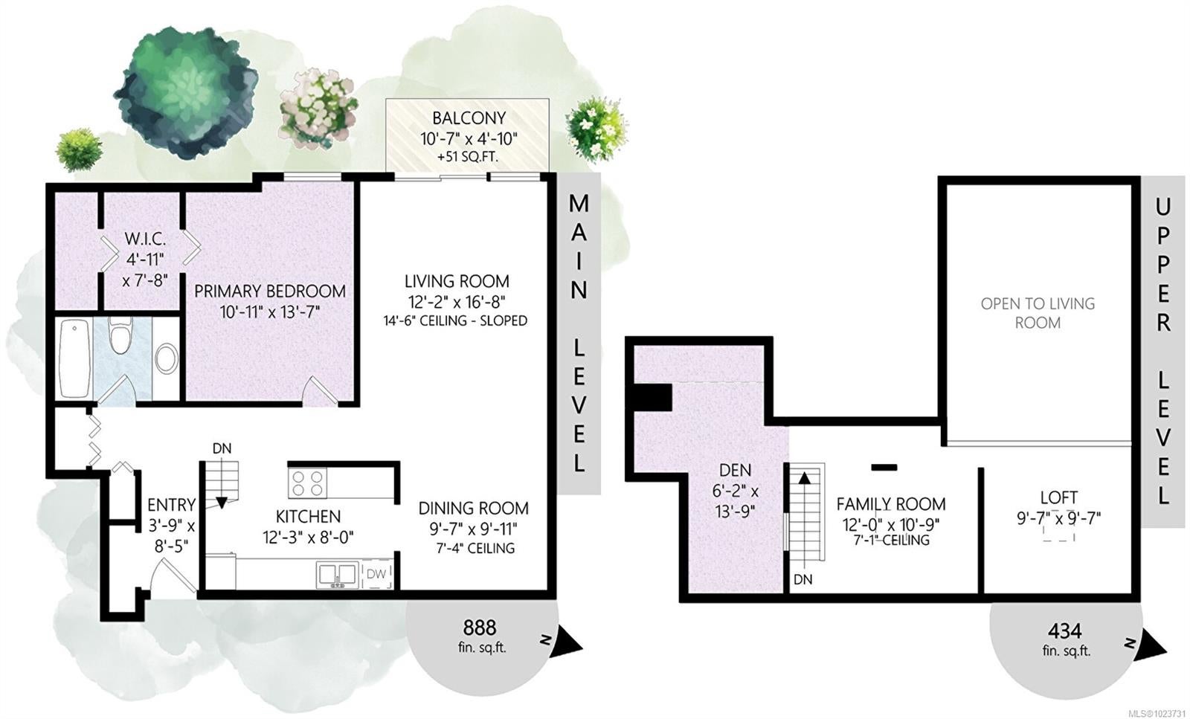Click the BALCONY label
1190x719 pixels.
tap(469, 118)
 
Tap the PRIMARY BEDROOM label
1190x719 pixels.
tap(270, 291)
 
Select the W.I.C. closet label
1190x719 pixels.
tap(145, 239)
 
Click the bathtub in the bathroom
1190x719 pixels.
tap(74, 358)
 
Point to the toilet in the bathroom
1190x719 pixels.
tap(120, 335)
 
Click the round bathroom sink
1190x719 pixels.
tap(167, 359)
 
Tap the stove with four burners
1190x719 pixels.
tap(308, 483)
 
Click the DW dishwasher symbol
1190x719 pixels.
tap(376, 574)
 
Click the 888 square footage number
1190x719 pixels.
tap(480, 628)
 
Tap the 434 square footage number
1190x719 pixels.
tap(1064, 631)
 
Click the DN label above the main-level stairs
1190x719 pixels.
tap(222, 448)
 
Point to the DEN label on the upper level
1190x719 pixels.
tap(736, 470)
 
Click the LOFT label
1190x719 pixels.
tap(1059, 497)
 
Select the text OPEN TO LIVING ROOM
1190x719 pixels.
tap(1038, 313)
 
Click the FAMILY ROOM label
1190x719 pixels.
tap(891, 503)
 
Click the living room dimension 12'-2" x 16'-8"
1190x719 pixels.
tap(457, 302)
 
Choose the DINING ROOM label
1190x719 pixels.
tap(473, 508)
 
